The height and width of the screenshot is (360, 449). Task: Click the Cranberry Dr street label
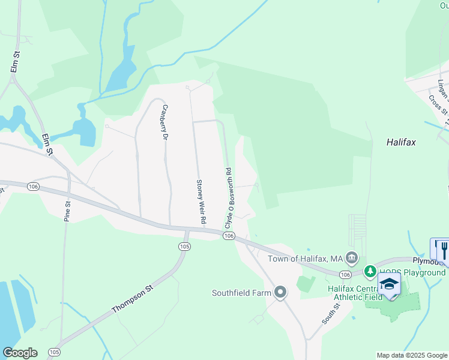click(x=164, y=123)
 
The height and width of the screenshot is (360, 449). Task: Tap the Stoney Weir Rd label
click(x=201, y=202)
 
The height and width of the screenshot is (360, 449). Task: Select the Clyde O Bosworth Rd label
click(x=229, y=196)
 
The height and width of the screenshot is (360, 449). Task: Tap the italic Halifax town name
click(x=401, y=143)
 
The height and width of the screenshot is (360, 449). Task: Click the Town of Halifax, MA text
click(x=304, y=259)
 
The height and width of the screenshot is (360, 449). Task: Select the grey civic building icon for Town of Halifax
click(x=352, y=259)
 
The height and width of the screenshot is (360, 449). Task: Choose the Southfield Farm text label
click(x=242, y=293)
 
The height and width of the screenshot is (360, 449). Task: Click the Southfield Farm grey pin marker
click(x=280, y=293)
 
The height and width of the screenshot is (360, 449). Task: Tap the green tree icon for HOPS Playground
click(x=370, y=272)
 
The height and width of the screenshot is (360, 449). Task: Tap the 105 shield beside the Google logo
click(x=54, y=352)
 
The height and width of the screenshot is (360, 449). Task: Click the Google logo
click(x=20, y=353)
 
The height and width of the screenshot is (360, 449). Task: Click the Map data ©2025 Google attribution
click(x=411, y=355)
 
